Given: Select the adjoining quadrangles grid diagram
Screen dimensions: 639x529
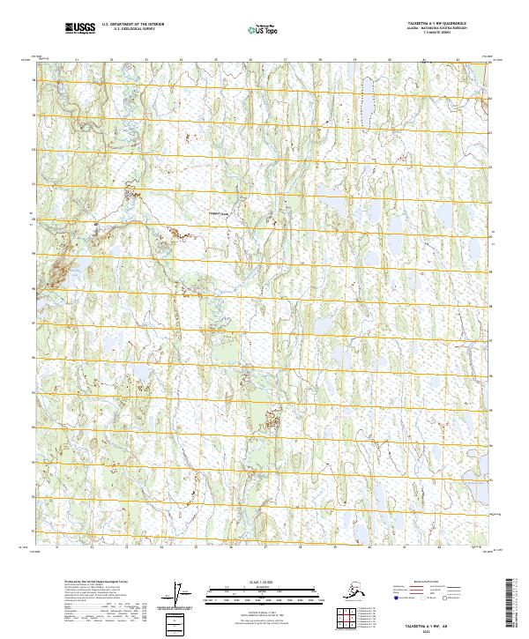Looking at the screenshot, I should click(x=343, y=618).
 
